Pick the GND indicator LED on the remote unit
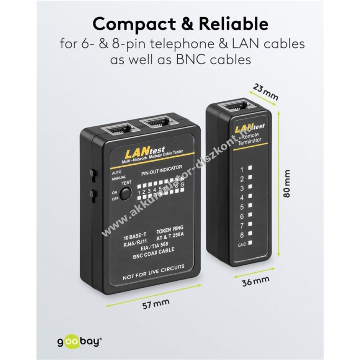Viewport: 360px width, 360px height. (250, 243)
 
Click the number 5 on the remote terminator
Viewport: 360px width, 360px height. (242, 207)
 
